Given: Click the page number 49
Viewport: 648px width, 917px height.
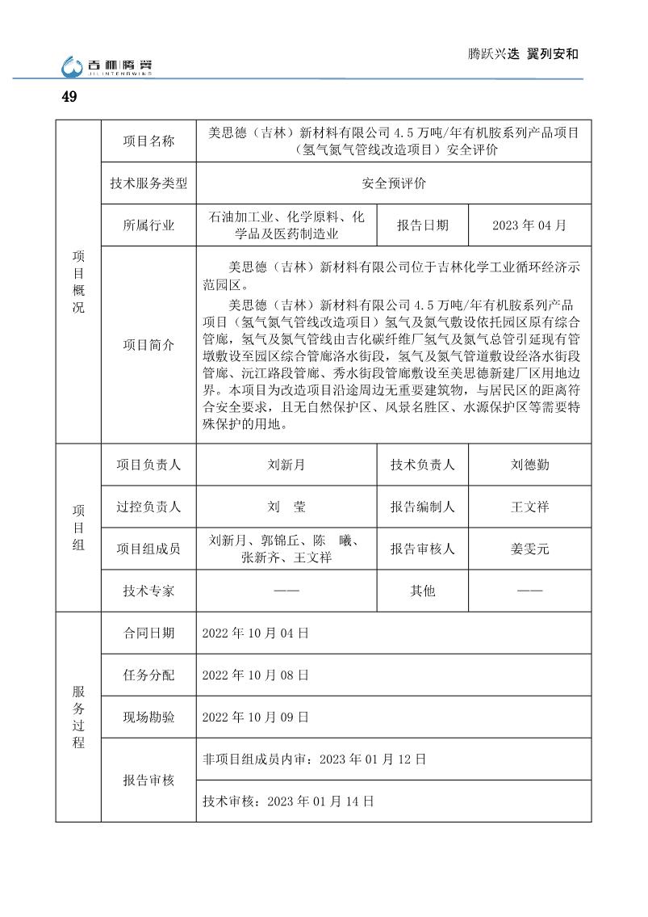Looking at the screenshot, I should (x=69, y=97).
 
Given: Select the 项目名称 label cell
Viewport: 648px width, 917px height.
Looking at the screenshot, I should (x=148, y=141).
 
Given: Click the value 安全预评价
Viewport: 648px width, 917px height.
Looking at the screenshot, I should (x=394, y=183).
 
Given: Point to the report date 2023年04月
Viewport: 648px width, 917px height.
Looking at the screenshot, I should (x=529, y=225).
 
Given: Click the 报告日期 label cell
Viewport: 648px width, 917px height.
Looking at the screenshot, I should (x=422, y=225).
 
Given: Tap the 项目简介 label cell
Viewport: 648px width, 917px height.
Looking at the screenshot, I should (x=148, y=345).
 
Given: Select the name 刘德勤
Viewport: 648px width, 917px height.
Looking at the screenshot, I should (x=529, y=465).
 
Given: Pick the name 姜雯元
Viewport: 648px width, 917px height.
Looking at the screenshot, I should (x=529, y=549).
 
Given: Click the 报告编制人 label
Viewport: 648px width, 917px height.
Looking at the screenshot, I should (x=422, y=507).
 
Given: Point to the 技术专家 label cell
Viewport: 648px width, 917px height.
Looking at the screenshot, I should (x=148, y=591).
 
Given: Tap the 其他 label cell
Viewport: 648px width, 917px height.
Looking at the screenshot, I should (x=422, y=591).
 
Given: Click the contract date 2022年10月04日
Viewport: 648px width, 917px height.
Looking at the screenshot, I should (x=255, y=633).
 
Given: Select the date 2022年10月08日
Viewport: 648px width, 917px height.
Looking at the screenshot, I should (x=255, y=675).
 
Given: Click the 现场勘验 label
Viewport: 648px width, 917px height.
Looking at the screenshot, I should (x=148, y=717).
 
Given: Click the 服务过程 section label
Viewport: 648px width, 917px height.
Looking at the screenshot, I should (x=78, y=717).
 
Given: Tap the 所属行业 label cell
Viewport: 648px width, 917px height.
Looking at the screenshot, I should (x=148, y=225).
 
